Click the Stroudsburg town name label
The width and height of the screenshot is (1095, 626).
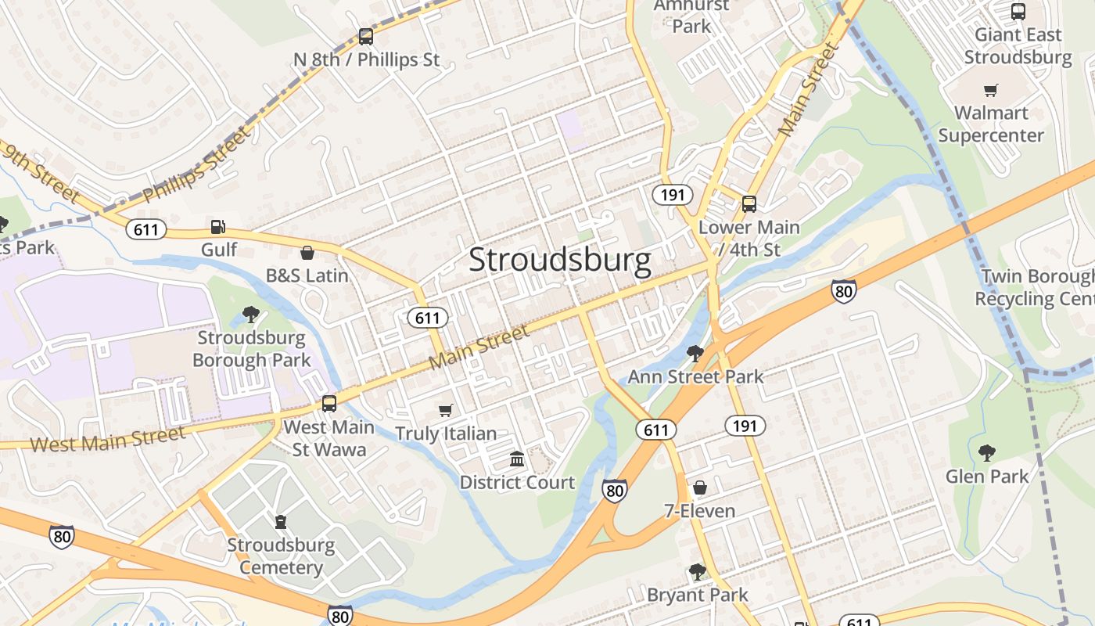[x=559, y=261]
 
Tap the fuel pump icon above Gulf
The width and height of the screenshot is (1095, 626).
[x=218, y=227]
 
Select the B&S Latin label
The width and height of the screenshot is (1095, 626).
[x=307, y=275]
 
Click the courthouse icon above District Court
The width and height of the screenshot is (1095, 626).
[x=517, y=459]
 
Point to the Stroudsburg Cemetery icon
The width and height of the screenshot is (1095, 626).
[x=281, y=521]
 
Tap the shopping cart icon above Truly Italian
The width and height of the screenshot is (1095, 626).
[x=446, y=410]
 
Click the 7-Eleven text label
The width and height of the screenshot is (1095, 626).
[x=699, y=511]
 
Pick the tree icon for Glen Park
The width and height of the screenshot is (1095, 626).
[x=987, y=452]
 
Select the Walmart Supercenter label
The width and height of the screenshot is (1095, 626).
[x=991, y=124]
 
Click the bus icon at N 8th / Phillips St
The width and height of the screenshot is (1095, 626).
[x=366, y=36]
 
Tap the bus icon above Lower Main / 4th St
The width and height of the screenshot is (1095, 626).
[x=749, y=204]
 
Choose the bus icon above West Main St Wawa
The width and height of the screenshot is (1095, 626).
[x=329, y=404]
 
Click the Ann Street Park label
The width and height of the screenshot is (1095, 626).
[x=695, y=376]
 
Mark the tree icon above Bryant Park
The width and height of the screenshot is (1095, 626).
[x=698, y=572]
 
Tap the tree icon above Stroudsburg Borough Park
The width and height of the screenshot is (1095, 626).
[x=251, y=315]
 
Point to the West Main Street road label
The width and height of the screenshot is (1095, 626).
[x=108, y=440]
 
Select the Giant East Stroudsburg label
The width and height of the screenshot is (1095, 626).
[x=1018, y=46]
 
